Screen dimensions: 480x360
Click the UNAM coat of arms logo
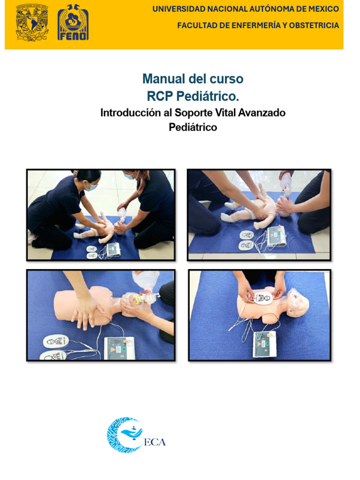coord(32,22)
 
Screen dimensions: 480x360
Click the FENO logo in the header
coord(73,22)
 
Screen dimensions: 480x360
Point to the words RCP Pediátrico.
coord(193,96)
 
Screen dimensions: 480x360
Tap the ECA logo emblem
coord(124,435)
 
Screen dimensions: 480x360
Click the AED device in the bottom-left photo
coord(119,348)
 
